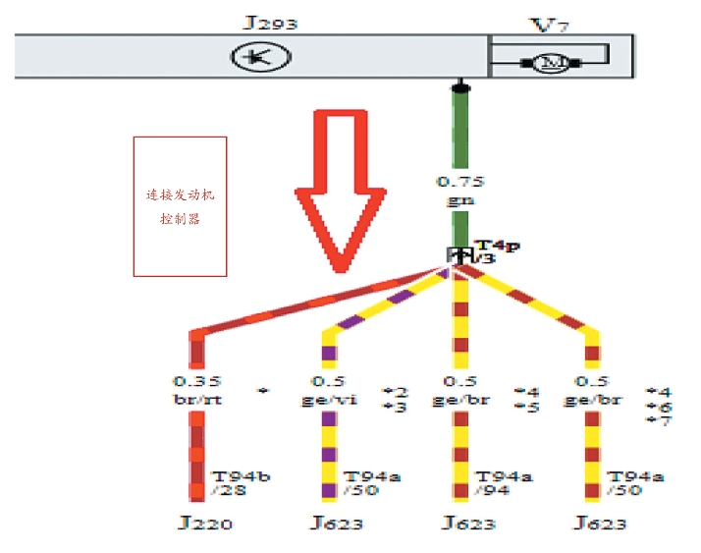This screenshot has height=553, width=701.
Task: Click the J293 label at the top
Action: [x=270, y=22]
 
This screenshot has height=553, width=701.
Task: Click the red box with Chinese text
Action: [x=180, y=206]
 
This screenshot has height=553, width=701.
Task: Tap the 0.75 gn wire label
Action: [x=460, y=189]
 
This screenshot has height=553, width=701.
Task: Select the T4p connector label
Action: [x=496, y=246]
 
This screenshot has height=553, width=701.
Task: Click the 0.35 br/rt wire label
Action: [x=198, y=390]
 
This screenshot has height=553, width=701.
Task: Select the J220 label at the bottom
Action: [x=205, y=524]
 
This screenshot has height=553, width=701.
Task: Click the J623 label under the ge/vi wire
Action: [x=336, y=524]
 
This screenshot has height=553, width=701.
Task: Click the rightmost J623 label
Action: [x=599, y=524]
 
